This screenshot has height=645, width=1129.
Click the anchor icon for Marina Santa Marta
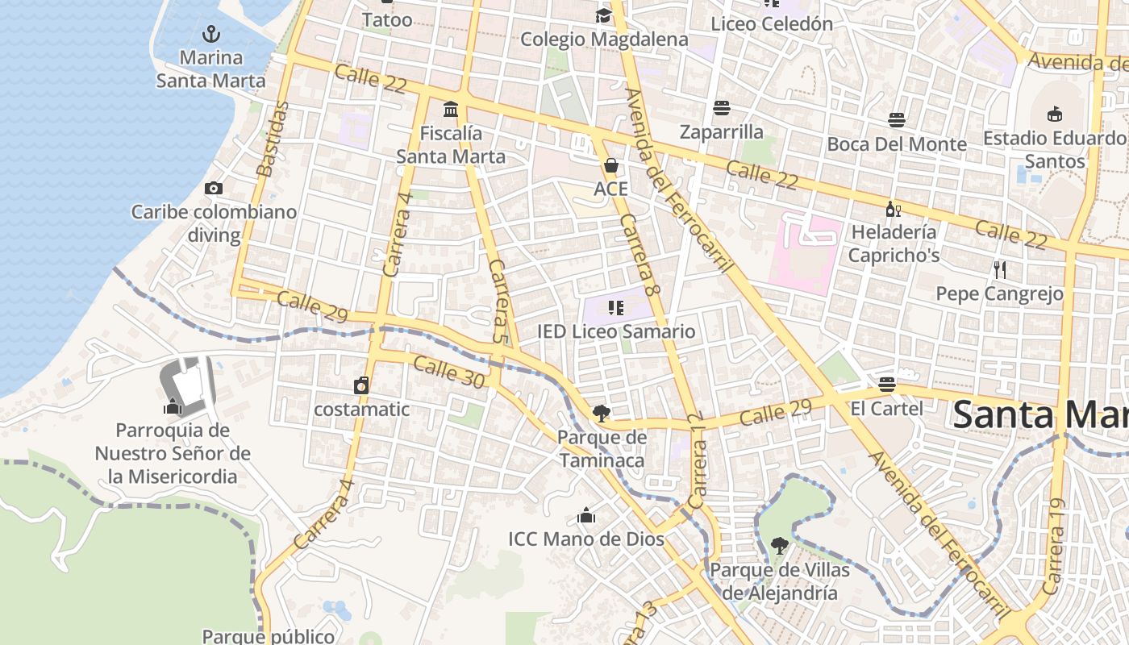(x=211, y=34)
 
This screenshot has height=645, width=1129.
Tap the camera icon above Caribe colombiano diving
(x=214, y=189)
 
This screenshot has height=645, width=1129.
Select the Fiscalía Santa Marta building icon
(x=451, y=109)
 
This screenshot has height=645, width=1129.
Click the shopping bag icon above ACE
(x=611, y=166)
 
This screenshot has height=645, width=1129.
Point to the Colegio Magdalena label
(x=604, y=39)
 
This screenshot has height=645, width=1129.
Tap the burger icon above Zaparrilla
(x=721, y=108)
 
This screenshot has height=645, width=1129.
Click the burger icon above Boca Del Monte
(x=897, y=120)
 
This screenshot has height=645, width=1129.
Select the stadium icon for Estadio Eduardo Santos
(x=1054, y=114)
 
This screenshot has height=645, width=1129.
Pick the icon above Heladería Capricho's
(x=894, y=210)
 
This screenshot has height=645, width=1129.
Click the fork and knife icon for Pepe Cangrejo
(x=1000, y=269)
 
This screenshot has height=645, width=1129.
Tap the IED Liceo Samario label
(x=616, y=331)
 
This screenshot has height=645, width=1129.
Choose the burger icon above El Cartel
(x=887, y=385)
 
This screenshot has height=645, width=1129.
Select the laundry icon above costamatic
(x=361, y=385)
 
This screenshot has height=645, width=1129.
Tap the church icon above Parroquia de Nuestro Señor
(x=173, y=406)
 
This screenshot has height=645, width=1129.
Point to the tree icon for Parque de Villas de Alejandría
(x=779, y=547)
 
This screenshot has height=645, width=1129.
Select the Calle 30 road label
(x=449, y=372)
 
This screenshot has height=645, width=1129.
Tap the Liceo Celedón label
(x=772, y=23)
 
